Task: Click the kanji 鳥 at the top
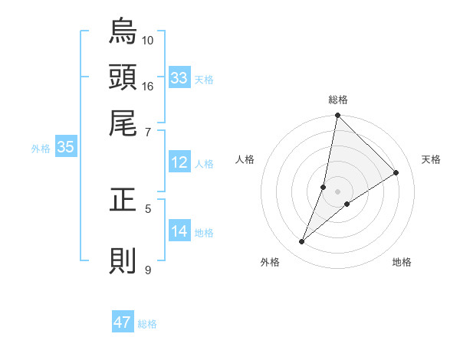[123, 31]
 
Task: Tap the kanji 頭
[123, 77]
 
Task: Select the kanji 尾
[123, 123]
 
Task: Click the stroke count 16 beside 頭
[148, 86]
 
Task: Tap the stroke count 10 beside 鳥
[148, 40]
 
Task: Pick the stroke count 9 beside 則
[148, 270]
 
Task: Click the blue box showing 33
[179, 77]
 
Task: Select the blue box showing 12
[179, 162]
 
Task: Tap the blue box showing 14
[179, 231]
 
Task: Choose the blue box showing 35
[65, 148]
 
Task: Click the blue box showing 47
[123, 322]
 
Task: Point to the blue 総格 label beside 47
[147, 324]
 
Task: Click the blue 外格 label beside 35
[41, 149]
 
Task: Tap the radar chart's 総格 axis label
[337, 100]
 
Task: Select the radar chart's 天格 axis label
[431, 159]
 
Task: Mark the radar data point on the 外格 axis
[302, 242]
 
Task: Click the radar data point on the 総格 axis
[337, 116]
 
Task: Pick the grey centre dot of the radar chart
[337, 191]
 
